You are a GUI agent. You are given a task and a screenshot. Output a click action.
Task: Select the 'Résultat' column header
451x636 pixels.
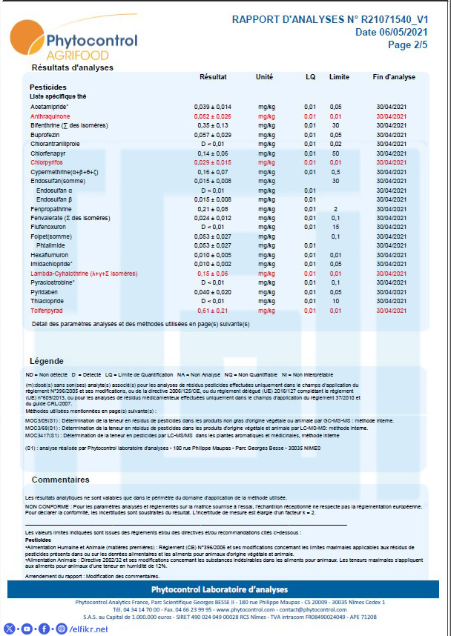[213, 77]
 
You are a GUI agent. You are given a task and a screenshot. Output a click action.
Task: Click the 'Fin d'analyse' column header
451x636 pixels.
[394, 77]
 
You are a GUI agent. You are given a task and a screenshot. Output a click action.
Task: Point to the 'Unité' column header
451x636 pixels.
[264, 77]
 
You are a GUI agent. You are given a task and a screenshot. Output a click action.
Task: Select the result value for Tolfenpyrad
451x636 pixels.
[212, 311]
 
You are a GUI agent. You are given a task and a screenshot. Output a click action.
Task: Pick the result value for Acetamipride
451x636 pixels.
[213, 107]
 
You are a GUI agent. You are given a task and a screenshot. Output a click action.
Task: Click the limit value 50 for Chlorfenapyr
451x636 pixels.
[335, 153]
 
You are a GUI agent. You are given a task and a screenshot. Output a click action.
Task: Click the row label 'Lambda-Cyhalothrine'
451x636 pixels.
[82, 274]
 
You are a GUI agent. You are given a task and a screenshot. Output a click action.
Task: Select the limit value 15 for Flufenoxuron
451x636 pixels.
[335, 227]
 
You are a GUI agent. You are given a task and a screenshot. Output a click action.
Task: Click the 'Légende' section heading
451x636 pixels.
[46, 361]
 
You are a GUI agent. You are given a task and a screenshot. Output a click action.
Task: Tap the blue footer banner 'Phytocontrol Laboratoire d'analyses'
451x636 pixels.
[225, 589]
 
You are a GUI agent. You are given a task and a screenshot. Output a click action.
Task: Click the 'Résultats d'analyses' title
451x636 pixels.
[72, 67]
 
